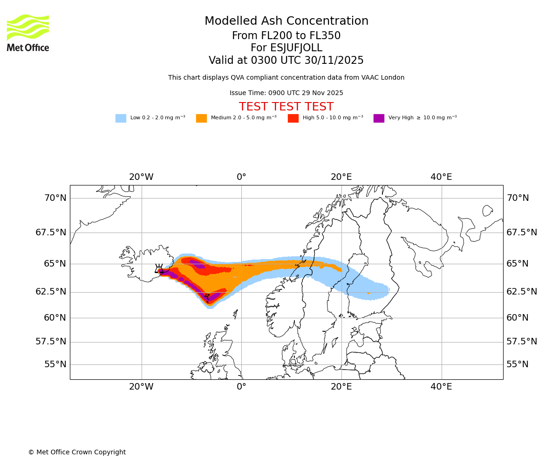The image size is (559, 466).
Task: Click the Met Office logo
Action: tap(28, 33)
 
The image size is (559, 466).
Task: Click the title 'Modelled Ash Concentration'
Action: tap(286, 21)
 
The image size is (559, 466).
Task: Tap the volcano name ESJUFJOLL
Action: tap(286, 48)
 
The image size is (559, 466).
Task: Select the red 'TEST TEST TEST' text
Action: tap(286, 107)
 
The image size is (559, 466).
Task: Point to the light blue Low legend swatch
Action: tap(121, 118)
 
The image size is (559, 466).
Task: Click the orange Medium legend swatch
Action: tap(201, 118)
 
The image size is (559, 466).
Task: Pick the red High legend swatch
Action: tap(293, 118)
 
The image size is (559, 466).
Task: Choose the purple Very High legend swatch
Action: tap(379, 118)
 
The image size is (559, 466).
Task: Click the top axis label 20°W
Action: tap(141, 177)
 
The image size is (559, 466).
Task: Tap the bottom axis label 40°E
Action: tap(441, 387)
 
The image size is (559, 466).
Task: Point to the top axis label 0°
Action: tap(241, 177)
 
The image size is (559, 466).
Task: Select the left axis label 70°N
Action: tap(55, 198)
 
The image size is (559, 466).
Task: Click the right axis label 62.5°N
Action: tap(522, 292)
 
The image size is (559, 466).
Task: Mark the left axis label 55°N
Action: tap(55, 364)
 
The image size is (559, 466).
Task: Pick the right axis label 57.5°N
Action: tap(522, 342)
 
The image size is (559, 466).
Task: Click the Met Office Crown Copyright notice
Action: tap(77, 452)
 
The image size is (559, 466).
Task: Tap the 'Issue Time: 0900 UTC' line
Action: tap(286, 93)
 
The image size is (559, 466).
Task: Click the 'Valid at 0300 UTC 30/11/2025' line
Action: tap(286, 61)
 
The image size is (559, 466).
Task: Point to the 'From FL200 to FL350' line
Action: tap(286, 36)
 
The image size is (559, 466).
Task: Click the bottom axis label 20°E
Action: tap(341, 387)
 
